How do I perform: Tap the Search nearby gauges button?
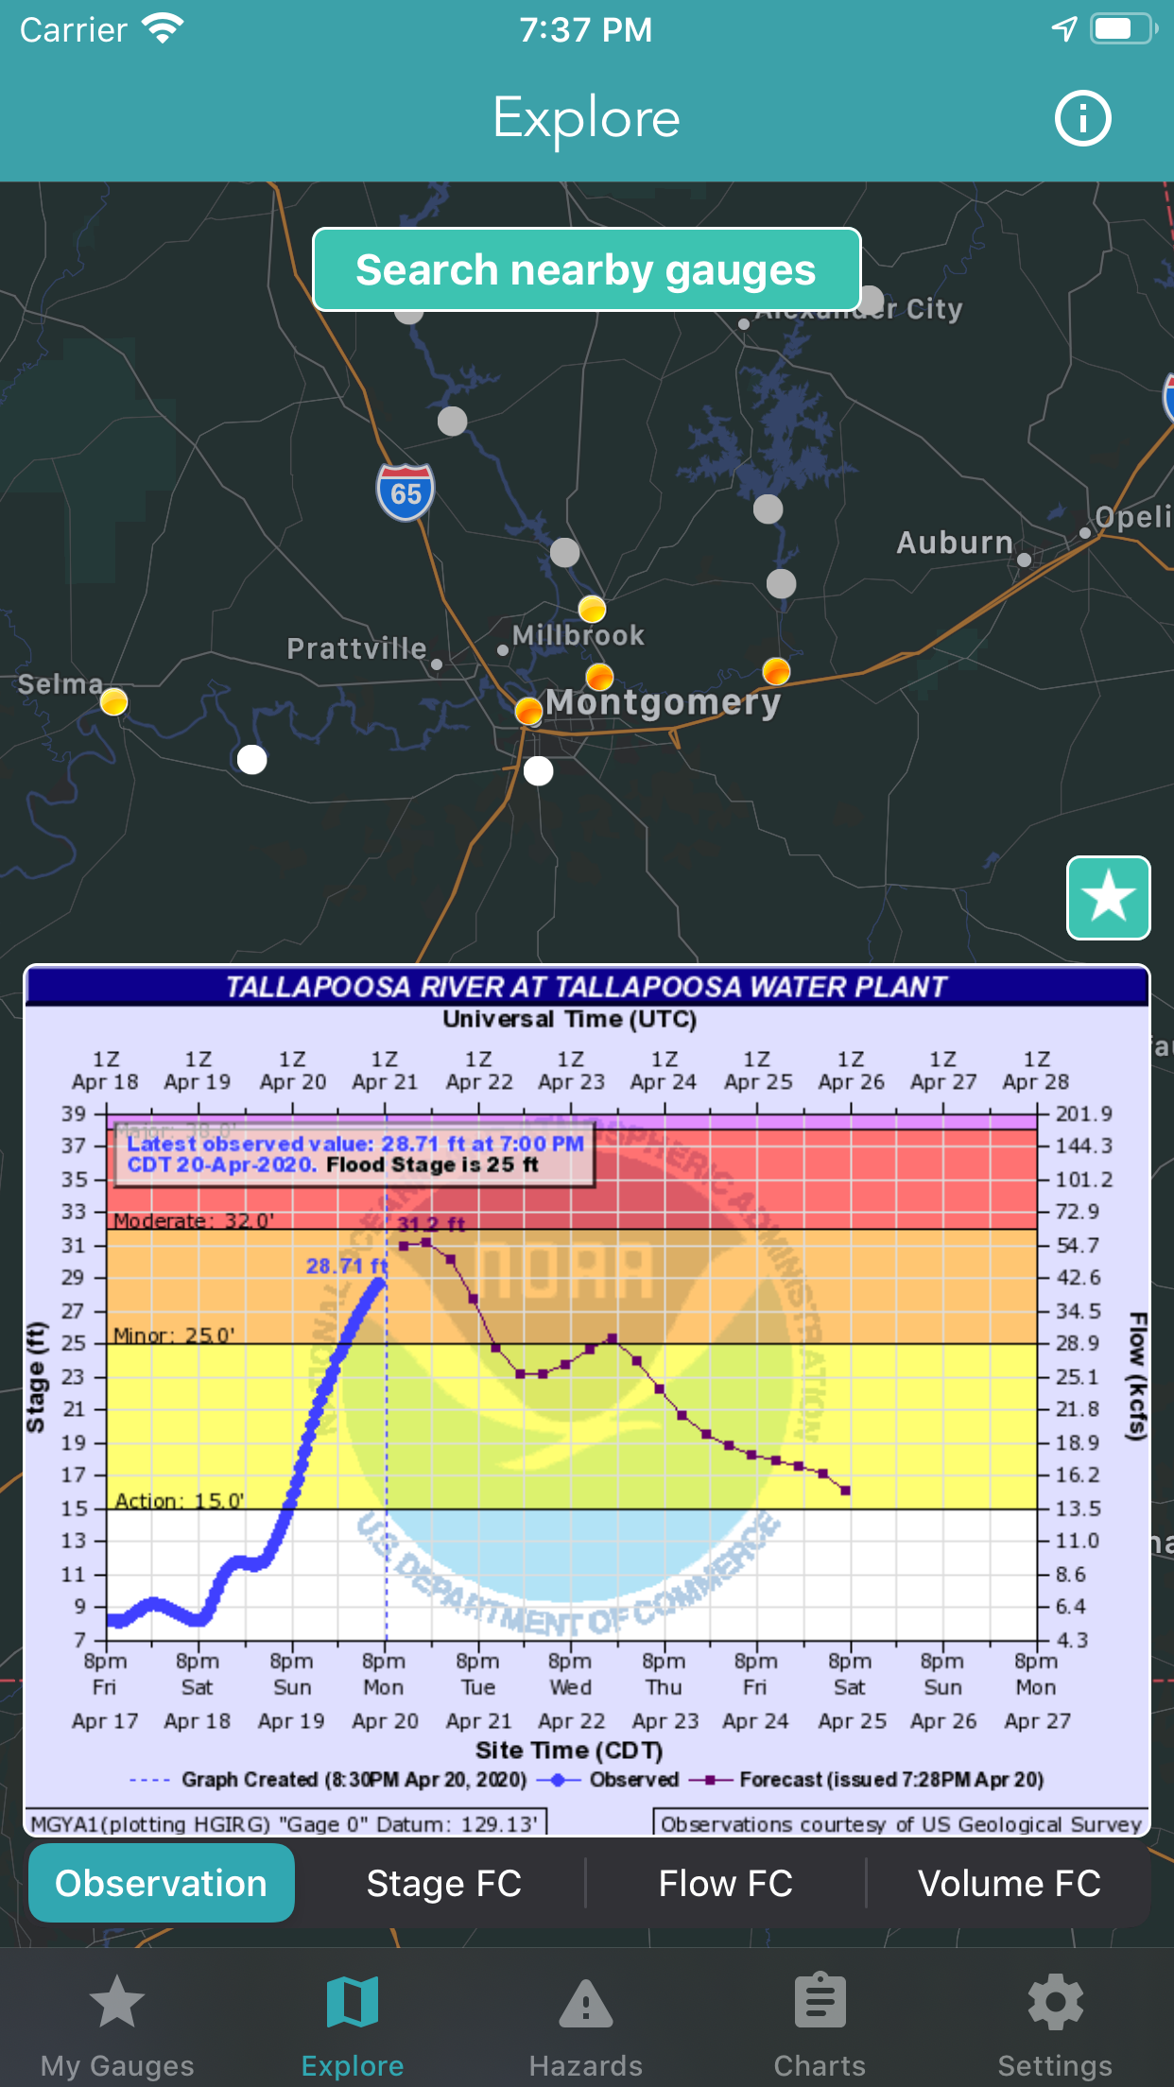click(x=586, y=270)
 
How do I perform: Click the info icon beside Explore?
click(x=1082, y=119)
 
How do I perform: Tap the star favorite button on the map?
click(x=1108, y=897)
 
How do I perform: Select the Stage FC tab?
click(x=443, y=1884)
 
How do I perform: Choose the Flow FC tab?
click(x=725, y=1884)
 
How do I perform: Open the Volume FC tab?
click(x=1009, y=1884)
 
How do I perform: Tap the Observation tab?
click(x=162, y=1884)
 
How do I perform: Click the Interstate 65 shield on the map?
click(x=406, y=492)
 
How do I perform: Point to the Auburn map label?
click(x=954, y=543)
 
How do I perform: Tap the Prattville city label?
click(x=356, y=648)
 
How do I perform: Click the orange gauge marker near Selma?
click(x=113, y=702)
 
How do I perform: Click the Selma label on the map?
click(x=60, y=683)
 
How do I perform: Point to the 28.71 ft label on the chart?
click(x=346, y=1266)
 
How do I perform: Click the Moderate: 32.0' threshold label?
click(x=194, y=1220)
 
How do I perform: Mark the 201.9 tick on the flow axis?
click(x=1083, y=1113)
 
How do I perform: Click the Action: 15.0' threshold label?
click(x=180, y=1501)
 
